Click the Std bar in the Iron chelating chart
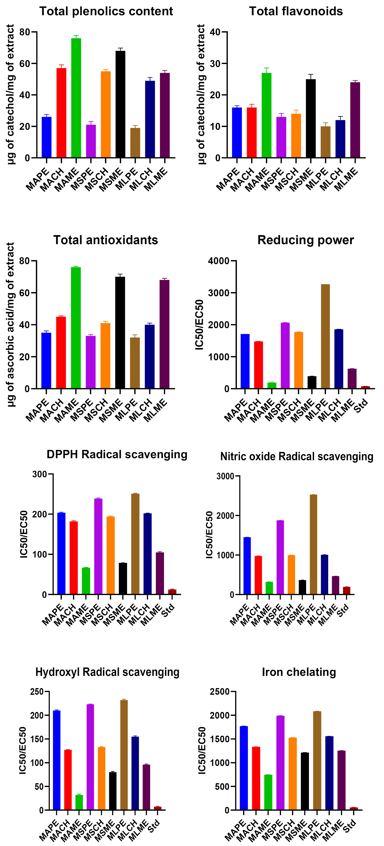click(x=354, y=808)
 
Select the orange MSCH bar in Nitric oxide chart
click(x=291, y=575)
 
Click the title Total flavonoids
click(x=296, y=11)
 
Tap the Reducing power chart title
click(x=306, y=240)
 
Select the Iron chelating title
click(x=299, y=672)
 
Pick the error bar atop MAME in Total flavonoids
click(x=266, y=70)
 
